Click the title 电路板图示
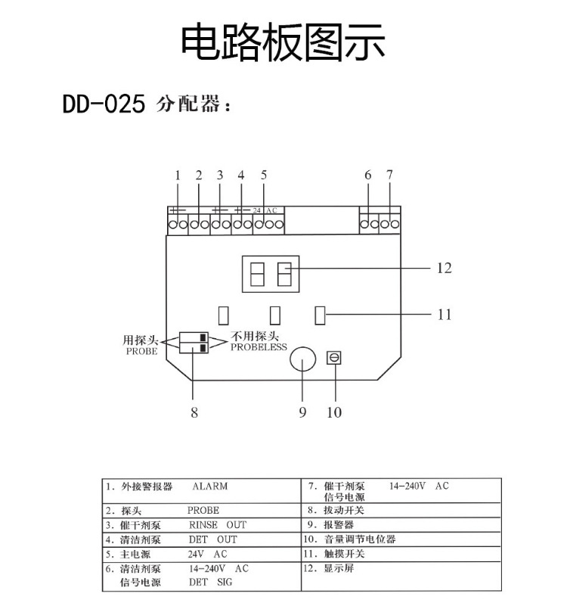pos(283,42)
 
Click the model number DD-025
pos(104,104)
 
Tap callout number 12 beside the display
pos(445,268)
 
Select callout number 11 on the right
pos(445,314)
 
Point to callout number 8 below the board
pos(194,412)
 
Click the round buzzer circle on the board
pos(303,359)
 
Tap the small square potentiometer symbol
pos(334,358)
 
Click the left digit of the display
pos(257,274)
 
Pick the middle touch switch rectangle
pos(275,315)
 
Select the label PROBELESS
pos(259,347)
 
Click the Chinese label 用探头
pos(141,340)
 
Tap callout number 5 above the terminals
pos(264,175)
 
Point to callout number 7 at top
pos(389,175)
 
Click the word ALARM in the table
pos(210,486)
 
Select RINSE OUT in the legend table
pos(218,525)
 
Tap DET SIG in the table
pos(210,582)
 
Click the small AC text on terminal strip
pos(271,210)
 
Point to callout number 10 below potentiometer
pos(334,412)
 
